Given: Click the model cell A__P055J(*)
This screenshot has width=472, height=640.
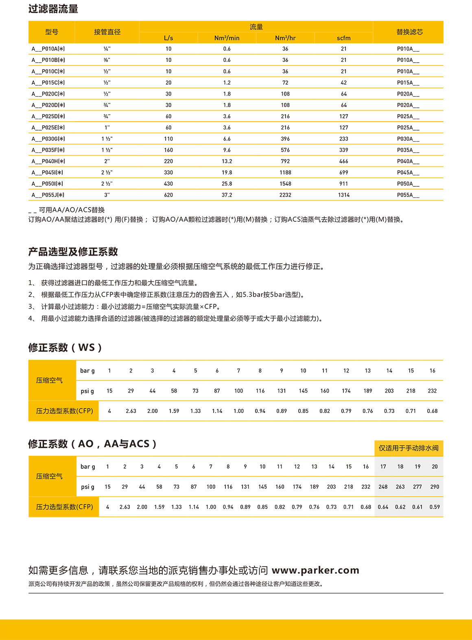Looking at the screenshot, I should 48,195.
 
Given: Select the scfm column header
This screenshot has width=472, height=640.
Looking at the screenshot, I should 343,38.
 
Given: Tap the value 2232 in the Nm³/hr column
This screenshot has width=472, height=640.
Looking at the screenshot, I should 285,195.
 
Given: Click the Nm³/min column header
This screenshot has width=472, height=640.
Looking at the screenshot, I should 227,38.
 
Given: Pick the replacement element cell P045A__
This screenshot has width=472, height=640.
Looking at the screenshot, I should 408,173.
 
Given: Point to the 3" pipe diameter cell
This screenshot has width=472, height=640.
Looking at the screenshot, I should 107,195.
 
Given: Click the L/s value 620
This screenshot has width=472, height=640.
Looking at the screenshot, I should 168,195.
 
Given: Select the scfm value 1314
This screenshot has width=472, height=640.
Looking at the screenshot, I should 343,195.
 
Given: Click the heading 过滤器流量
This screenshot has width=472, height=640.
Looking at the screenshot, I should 53,9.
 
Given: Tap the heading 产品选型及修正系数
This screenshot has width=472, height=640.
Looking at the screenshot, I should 73,252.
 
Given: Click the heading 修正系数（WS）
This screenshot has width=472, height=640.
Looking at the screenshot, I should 65,347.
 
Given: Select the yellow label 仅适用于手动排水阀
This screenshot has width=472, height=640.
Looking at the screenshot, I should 409,448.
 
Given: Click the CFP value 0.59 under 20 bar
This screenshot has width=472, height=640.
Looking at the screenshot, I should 435,507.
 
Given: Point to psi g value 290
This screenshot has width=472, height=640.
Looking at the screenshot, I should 435,487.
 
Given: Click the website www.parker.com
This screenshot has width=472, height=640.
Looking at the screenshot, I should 315,570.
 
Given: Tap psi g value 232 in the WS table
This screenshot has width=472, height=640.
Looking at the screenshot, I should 432,391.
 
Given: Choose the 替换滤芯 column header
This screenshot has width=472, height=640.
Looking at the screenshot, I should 409,32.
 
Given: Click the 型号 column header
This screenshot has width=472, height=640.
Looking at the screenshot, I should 52,32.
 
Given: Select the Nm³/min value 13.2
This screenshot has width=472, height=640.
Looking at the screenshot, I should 227,161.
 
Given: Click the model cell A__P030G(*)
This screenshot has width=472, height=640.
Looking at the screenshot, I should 48,139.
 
